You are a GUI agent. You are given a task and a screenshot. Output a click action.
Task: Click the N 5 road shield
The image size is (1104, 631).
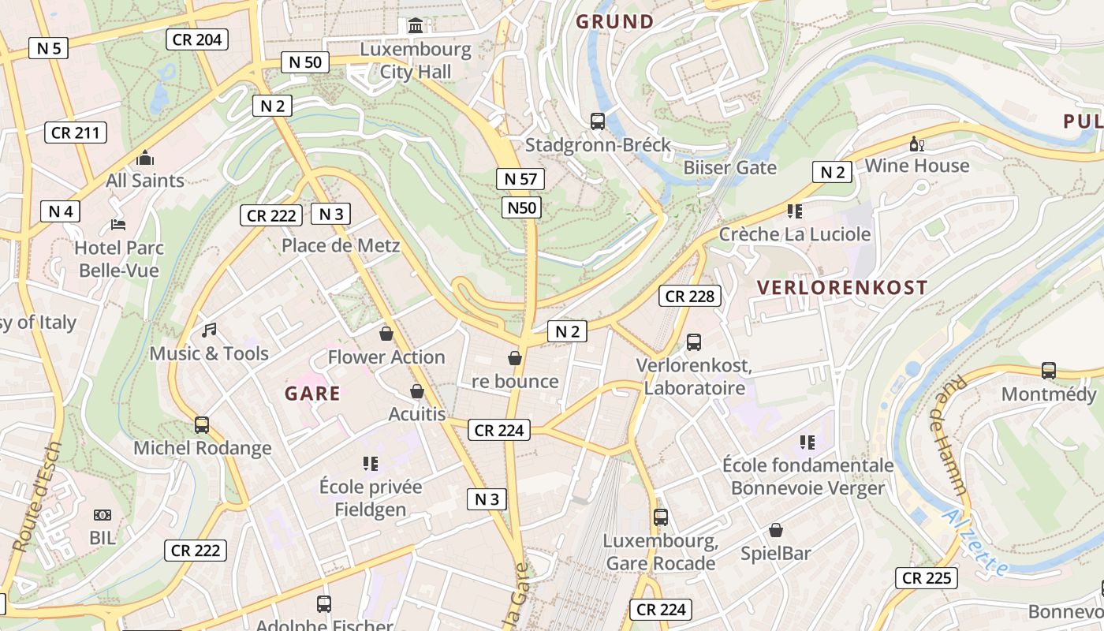[x=48, y=48]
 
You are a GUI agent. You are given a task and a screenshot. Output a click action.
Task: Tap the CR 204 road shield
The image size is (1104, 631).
[x=197, y=39]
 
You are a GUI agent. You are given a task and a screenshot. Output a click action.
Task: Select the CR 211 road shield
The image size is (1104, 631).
[x=76, y=133]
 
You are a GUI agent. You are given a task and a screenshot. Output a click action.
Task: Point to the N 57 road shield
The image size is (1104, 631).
[x=520, y=179]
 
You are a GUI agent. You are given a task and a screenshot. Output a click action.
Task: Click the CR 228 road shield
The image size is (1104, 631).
[x=690, y=296]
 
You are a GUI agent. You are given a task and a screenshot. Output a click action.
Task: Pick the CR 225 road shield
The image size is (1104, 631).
[x=927, y=578]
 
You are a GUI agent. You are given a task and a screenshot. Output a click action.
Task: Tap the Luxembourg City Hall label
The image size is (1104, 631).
[x=416, y=61]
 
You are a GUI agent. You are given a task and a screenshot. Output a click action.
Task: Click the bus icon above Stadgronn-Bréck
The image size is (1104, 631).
[x=598, y=121]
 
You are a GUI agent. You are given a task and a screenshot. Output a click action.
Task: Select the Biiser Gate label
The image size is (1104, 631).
[x=729, y=167]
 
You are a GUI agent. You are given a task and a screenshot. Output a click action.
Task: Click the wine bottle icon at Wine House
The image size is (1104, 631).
[x=916, y=144]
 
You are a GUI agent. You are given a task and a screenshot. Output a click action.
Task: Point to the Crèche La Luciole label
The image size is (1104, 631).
[x=795, y=234]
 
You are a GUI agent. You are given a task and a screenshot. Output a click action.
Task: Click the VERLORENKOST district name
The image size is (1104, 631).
[x=842, y=288]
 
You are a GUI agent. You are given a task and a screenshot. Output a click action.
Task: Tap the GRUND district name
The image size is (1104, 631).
[x=615, y=21]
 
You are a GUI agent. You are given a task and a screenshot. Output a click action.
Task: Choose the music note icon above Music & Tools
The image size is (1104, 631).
[x=209, y=330]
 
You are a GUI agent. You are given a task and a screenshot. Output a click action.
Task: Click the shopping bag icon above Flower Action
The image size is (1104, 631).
[x=386, y=334]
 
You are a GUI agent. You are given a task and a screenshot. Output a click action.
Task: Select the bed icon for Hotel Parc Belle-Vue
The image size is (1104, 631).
[x=118, y=225]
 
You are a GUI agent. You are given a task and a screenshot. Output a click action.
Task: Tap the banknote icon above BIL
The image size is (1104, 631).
[x=103, y=515]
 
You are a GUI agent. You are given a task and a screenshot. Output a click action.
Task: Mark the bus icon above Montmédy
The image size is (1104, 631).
[x=1049, y=370]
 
